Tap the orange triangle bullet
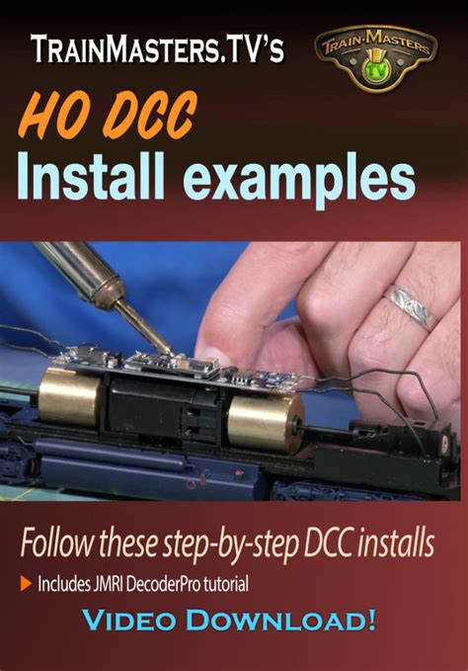pos(26,584)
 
